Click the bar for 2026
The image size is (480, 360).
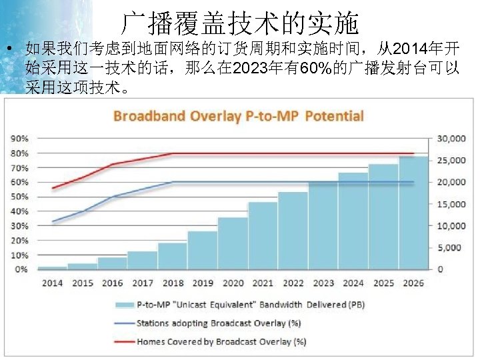point(413,213)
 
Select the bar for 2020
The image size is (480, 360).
point(233,243)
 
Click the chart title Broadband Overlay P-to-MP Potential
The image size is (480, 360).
point(239,116)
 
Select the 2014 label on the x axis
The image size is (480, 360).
point(52,283)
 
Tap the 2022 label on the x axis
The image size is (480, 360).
point(293,283)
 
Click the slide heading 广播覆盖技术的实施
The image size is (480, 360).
point(240,25)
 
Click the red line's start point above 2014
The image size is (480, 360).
point(53,188)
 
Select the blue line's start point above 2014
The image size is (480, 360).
point(53,221)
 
